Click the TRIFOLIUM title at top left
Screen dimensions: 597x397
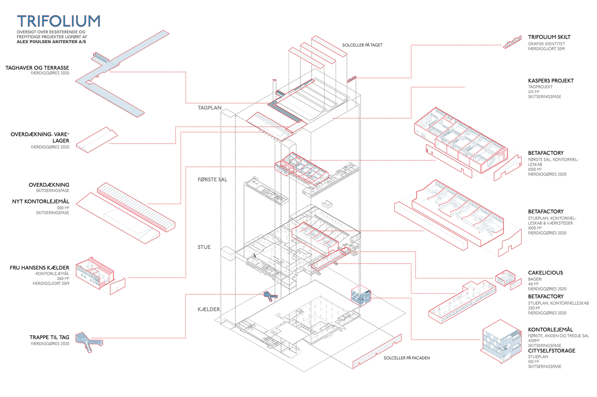pyautogui.click(x=59, y=21)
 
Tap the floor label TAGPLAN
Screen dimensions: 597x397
pyautogui.click(x=209, y=108)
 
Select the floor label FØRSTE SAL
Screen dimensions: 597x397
pyautogui.click(x=213, y=180)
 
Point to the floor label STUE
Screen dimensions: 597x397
pyautogui.click(x=204, y=247)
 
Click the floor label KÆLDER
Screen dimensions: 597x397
pyautogui.click(x=209, y=309)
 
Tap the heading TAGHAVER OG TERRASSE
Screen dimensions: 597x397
pyautogui.click(x=37, y=68)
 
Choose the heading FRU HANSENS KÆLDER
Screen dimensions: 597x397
pyautogui.click(x=39, y=268)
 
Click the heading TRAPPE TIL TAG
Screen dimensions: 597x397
pyautogui.click(x=49, y=337)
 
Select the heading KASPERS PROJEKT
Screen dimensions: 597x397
pyautogui.click(x=551, y=80)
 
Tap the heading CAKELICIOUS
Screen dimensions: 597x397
pyautogui.click(x=546, y=272)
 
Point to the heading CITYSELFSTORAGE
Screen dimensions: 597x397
pyautogui.click(x=552, y=350)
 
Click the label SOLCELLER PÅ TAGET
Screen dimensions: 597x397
pyautogui.click(x=362, y=45)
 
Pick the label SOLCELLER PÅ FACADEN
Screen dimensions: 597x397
pyautogui.click(x=407, y=358)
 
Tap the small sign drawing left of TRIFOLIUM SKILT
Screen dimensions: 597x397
pyautogui.click(x=512, y=42)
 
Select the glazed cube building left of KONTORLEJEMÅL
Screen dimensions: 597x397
pyautogui.click(x=501, y=341)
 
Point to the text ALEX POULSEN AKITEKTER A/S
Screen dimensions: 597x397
pyautogui.click(x=51, y=41)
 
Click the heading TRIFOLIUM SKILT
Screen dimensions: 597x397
pyautogui.click(x=549, y=37)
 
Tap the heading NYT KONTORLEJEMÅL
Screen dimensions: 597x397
pyautogui.click(x=41, y=201)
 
